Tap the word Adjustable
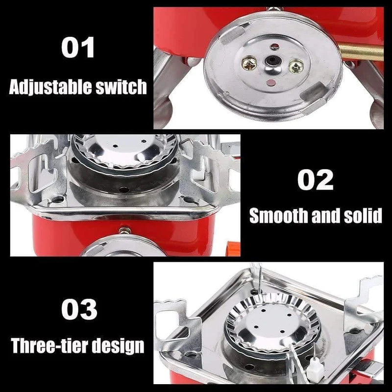pos(50,87)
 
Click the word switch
pos(120,87)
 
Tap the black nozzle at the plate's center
pos(269,62)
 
